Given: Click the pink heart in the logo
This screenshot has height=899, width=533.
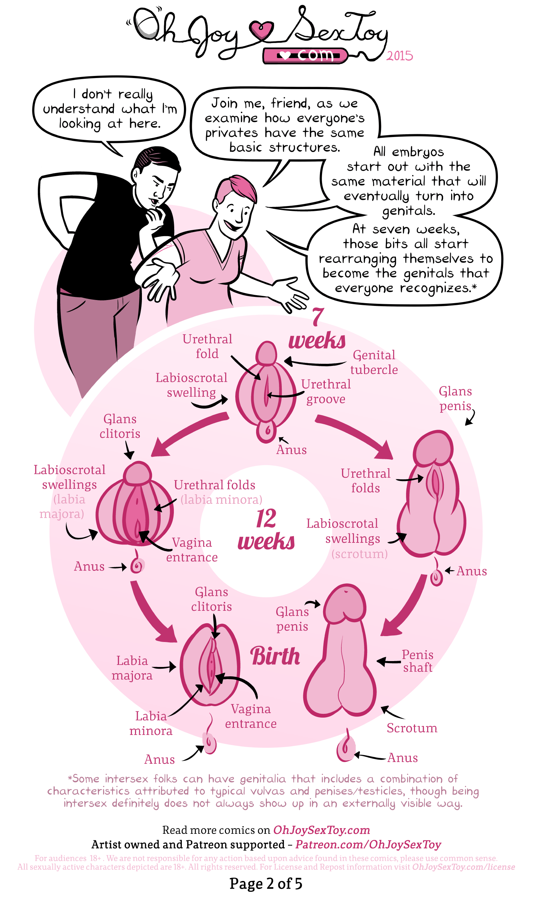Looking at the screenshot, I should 262,31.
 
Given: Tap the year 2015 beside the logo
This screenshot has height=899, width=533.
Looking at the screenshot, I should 399,56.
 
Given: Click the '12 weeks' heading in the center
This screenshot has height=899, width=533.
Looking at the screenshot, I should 266,530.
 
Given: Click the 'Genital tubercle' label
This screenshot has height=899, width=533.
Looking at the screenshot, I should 374,362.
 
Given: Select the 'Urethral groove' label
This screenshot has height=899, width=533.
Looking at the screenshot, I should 326,392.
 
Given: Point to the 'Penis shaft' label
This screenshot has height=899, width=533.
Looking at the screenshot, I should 417,661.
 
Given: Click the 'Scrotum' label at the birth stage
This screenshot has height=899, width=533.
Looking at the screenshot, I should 412,728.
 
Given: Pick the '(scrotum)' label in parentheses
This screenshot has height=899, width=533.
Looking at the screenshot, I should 359,554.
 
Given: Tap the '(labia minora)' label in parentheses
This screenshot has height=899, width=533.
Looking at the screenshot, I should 221,499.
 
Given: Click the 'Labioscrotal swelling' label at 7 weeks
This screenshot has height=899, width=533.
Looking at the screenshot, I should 192,385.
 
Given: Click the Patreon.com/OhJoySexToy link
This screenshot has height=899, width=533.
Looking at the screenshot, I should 368,845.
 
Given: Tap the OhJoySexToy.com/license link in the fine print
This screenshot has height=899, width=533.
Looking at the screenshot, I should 463,867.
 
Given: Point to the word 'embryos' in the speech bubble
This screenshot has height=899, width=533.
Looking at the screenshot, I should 418,152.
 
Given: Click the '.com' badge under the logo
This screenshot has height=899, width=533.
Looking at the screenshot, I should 305,55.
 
